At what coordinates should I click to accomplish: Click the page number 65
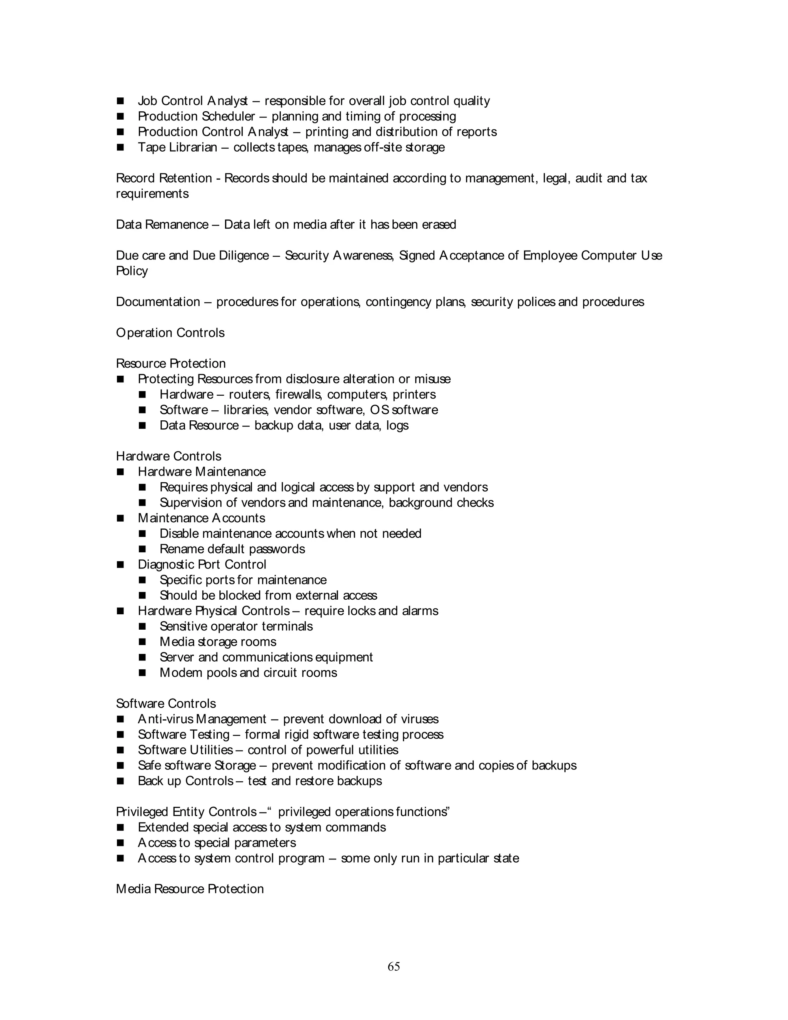394,966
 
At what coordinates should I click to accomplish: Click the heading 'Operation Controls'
170,333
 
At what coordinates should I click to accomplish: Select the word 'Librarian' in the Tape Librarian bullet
193,147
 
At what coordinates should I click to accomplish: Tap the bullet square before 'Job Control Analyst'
120,101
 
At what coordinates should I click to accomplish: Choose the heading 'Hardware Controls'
169,456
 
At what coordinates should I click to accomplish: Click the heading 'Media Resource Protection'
190,889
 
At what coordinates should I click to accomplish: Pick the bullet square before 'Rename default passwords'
142,549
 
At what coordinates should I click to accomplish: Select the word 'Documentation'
158,302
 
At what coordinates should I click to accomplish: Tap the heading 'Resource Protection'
170,363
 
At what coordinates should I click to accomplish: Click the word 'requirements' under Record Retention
152,194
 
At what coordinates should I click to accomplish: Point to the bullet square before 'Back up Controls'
120,781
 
